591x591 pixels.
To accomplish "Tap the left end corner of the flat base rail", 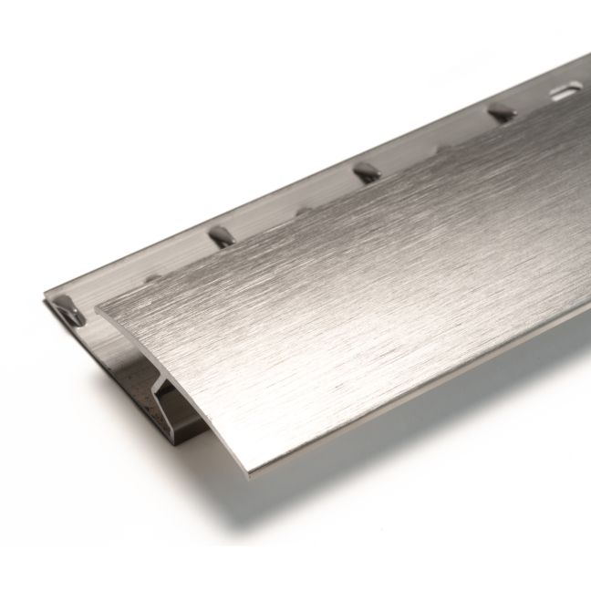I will click(46, 301).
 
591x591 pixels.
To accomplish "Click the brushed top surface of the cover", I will click(347, 301).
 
